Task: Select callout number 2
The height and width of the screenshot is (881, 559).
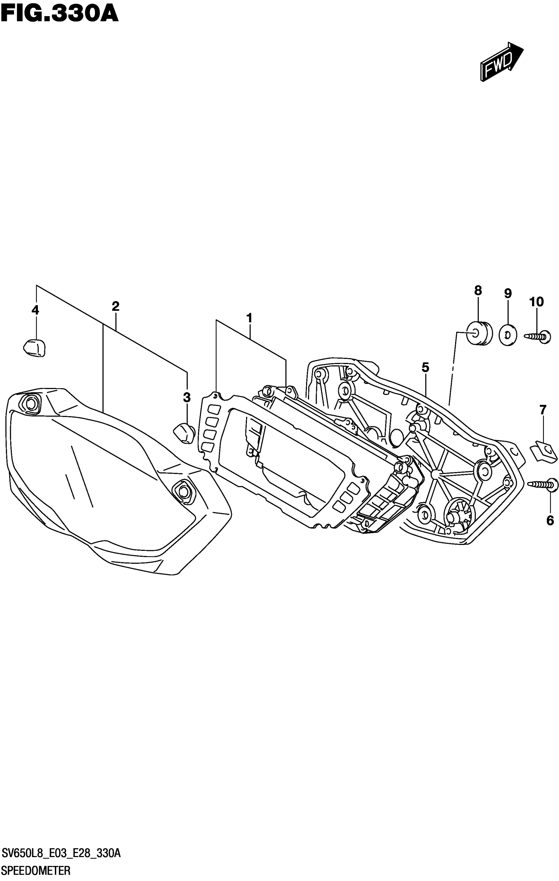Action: point(115,306)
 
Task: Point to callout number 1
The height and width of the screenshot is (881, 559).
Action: point(250,318)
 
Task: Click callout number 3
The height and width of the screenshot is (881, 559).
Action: point(187,397)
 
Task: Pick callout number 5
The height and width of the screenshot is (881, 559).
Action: point(425,367)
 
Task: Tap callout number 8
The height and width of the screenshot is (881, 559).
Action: point(478,290)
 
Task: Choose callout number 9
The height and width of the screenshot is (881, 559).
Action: point(507,293)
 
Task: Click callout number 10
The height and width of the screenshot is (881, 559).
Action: point(536,302)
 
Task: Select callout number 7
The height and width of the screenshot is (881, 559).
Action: point(543,410)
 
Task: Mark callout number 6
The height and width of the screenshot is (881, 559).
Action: point(550,521)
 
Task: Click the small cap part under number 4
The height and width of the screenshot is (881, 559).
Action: point(35,348)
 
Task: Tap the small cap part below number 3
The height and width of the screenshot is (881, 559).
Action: point(184,433)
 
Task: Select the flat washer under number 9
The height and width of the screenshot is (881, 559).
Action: point(508,335)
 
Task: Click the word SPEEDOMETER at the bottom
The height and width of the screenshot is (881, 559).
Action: point(36,871)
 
